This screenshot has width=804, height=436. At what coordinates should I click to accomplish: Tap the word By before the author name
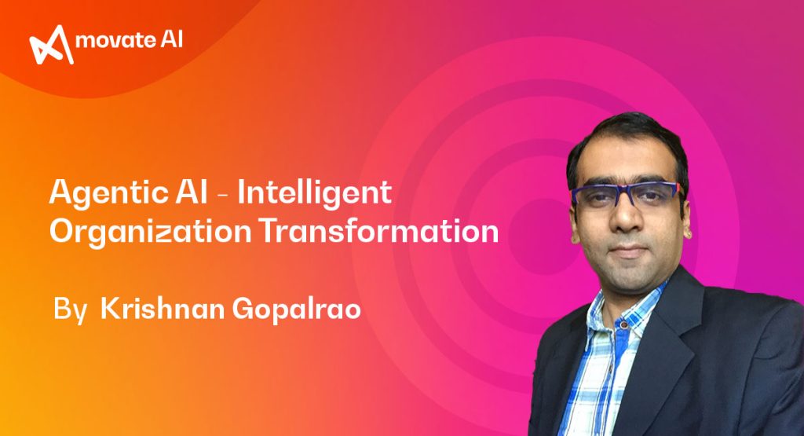click(68, 309)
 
